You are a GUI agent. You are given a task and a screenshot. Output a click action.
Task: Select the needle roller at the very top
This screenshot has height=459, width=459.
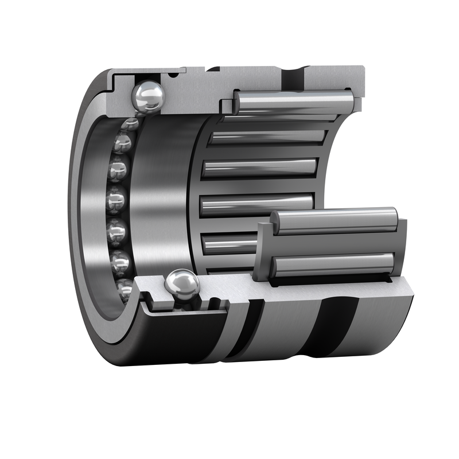pyautogui.click(x=294, y=103)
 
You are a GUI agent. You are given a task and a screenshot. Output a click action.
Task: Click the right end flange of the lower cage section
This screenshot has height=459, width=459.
pyautogui.click(x=402, y=247)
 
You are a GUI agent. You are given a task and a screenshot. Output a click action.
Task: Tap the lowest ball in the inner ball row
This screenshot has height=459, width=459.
pyautogui.click(x=125, y=287)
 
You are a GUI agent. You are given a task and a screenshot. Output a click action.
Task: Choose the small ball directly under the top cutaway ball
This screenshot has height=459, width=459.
pyautogui.click(x=131, y=123)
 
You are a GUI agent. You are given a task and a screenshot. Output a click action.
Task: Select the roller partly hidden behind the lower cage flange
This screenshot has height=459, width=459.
pyautogui.click(x=229, y=244)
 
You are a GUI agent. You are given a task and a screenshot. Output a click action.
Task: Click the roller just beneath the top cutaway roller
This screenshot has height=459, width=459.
pyautogui.click(x=267, y=137)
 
